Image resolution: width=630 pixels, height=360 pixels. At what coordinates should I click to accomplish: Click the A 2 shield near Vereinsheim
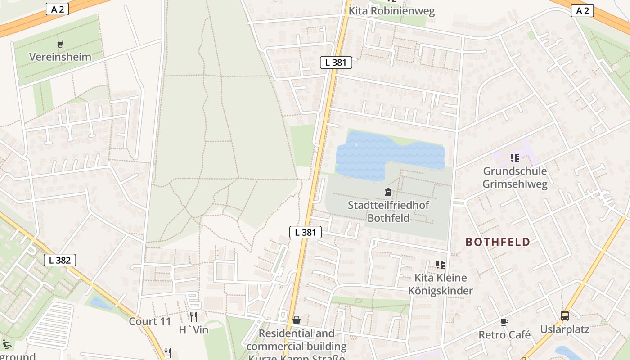pyautogui.click(x=58, y=9)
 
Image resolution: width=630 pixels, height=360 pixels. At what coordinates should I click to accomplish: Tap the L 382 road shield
pyautogui.click(x=60, y=260)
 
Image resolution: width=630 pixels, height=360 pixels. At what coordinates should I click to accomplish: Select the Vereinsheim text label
pyautogui.click(x=60, y=57)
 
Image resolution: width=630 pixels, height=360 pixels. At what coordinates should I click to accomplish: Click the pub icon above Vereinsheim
pyautogui.click(x=60, y=44)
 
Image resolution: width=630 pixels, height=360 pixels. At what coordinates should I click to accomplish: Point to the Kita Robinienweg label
pyautogui.click(x=392, y=11)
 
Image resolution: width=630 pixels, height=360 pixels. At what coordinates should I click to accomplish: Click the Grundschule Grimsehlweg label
pyautogui.click(x=515, y=177)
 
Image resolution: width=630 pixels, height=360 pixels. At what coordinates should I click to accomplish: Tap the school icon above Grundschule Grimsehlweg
pyautogui.click(x=515, y=158)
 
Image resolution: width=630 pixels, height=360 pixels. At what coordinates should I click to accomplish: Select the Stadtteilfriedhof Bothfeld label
pyautogui.click(x=388, y=211)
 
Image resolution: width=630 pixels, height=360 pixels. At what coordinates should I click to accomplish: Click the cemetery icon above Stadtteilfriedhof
pyautogui.click(x=388, y=193)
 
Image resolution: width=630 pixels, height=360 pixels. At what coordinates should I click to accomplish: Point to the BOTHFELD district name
pyautogui.click(x=498, y=242)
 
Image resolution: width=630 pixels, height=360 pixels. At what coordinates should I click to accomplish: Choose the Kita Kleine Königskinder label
pyautogui.click(x=441, y=284)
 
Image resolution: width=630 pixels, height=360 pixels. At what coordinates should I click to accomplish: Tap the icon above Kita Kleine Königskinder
pyautogui.click(x=440, y=265)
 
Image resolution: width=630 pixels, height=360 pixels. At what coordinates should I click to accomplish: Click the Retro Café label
pyautogui.click(x=504, y=335)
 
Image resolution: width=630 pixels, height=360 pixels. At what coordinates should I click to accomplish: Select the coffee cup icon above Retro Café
pyautogui.click(x=504, y=322)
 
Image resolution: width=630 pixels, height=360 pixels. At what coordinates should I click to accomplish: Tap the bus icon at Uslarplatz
pyautogui.click(x=565, y=316)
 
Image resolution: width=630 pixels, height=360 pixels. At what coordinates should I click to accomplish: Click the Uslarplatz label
pyautogui.click(x=565, y=329)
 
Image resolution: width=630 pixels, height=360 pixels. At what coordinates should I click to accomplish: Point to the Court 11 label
pyautogui.click(x=150, y=321)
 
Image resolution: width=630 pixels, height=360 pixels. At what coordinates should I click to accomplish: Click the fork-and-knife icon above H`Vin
pyautogui.click(x=193, y=316)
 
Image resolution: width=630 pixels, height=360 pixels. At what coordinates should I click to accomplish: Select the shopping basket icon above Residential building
pyautogui.click(x=297, y=320)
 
